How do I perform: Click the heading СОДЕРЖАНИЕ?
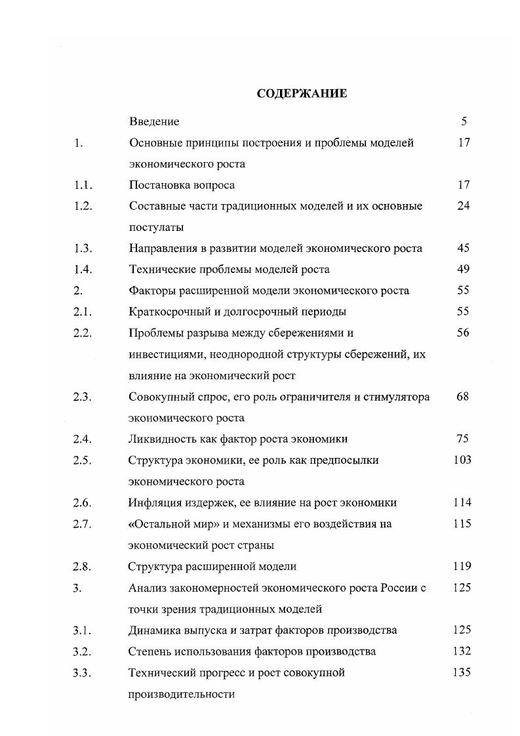click(302, 94)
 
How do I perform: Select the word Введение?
click(154, 121)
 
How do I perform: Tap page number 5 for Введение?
click(464, 121)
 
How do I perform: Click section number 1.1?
click(83, 185)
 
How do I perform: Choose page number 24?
click(464, 206)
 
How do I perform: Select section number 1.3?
click(83, 248)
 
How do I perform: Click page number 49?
click(464, 269)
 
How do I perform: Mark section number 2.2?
click(83, 333)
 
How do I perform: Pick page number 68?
click(463, 397)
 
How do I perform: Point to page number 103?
click(462, 460)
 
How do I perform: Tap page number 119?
click(462, 566)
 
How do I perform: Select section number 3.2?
click(83, 651)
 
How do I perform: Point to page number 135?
click(462, 672)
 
